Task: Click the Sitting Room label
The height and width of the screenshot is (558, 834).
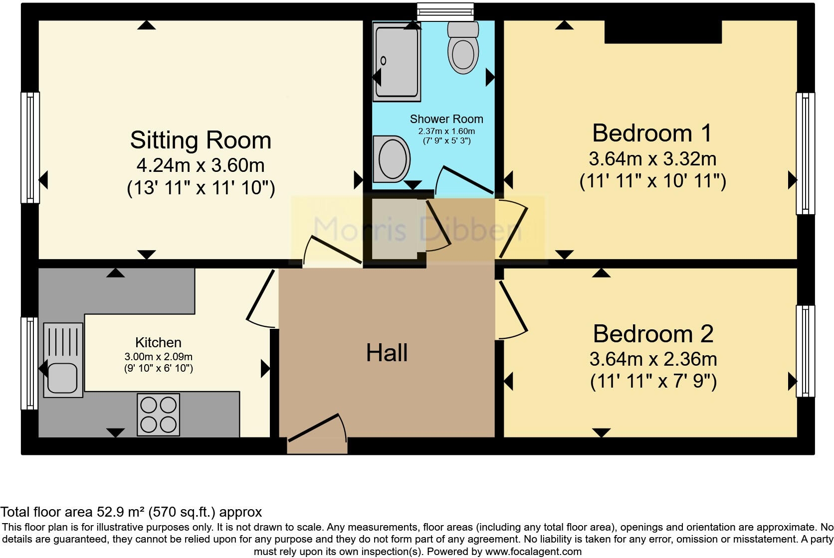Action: click(x=201, y=140)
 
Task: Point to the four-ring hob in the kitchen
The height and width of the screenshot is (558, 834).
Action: click(x=158, y=415)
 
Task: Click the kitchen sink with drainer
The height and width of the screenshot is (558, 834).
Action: click(x=63, y=360)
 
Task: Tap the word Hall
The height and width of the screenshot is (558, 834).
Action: click(x=387, y=353)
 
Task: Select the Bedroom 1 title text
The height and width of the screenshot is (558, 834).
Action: click(x=652, y=134)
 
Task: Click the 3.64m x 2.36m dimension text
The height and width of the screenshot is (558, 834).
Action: click(x=653, y=359)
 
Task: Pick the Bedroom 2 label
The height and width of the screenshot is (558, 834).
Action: click(x=653, y=334)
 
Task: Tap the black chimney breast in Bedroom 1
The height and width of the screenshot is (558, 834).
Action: click(x=663, y=32)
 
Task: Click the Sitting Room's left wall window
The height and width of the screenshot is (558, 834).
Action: click(x=30, y=147)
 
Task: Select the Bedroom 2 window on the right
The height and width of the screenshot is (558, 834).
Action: click(x=805, y=351)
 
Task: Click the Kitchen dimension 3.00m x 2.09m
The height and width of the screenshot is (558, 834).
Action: click(x=158, y=357)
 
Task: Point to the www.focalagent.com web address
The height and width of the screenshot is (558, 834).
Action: click(x=533, y=552)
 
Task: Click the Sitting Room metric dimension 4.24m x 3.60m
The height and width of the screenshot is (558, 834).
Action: click(x=201, y=165)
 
